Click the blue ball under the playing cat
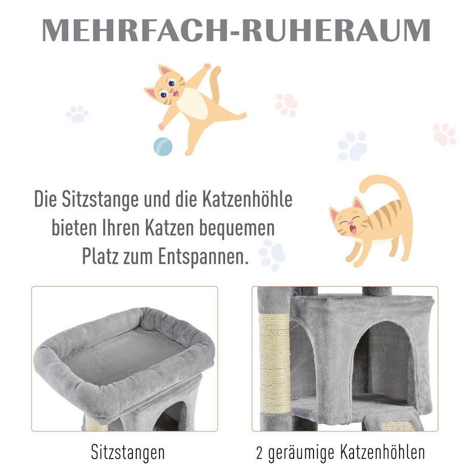coord(163,147)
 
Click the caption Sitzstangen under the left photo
coord(128,453)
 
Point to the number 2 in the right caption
coord(260,453)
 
